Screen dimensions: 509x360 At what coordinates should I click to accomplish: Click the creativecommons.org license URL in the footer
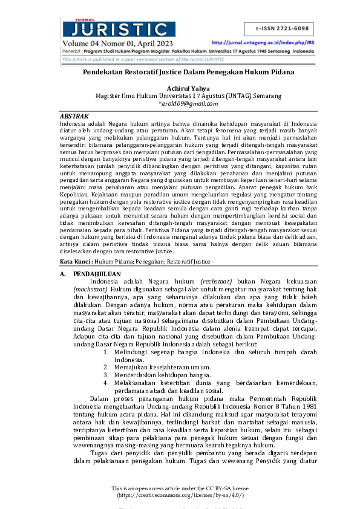click(x=180, y=495)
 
